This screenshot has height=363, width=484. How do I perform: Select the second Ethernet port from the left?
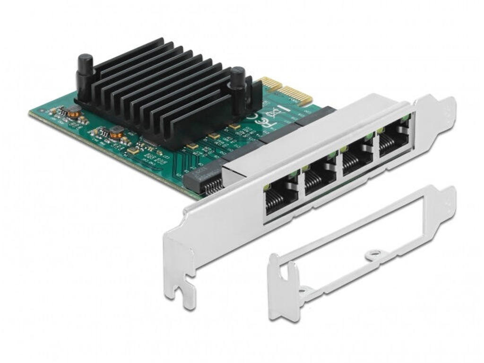point(320,177)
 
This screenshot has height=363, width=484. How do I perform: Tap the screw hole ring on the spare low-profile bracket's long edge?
point(375,254)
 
